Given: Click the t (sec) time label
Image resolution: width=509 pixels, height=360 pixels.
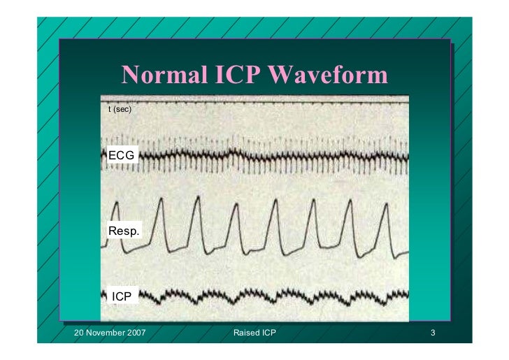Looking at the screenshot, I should coord(119,110).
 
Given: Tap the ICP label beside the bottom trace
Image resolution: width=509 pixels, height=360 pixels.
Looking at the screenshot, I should coord(122,296).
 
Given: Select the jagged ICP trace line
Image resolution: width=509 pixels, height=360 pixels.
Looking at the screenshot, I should coord(280,294).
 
